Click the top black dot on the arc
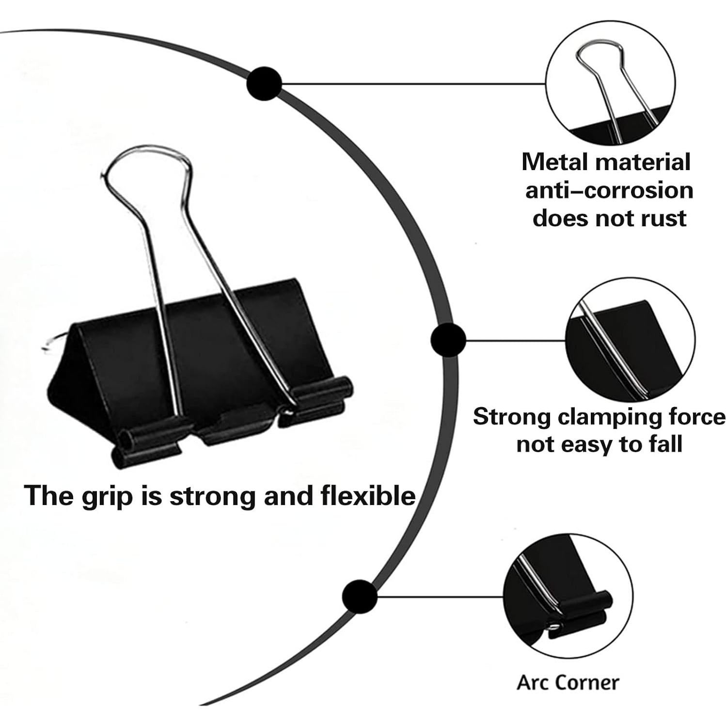click(x=264, y=84)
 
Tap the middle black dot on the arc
click(x=448, y=340)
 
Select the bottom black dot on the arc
click(x=360, y=596)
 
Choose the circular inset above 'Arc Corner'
click(x=568, y=596)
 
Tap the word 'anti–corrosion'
click(x=609, y=190)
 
